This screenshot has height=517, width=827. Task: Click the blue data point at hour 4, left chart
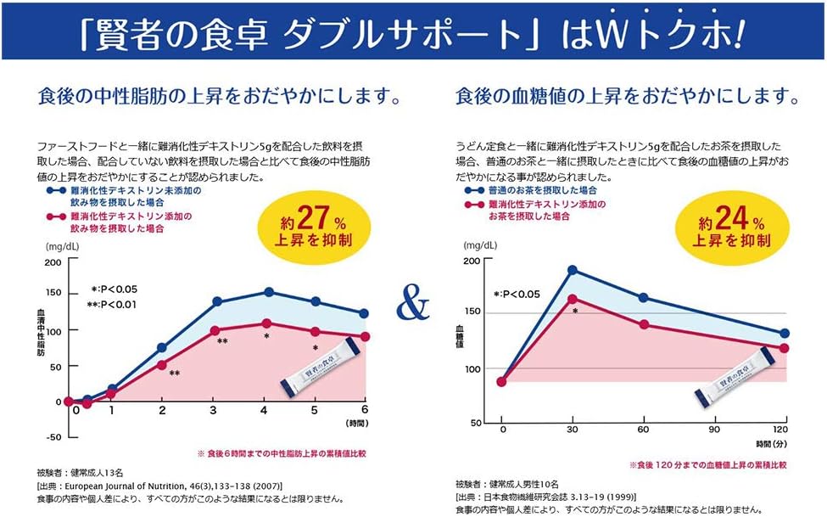(268, 292)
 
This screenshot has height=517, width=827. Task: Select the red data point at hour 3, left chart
(216, 330)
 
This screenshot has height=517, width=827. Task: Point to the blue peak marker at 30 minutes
(573, 270)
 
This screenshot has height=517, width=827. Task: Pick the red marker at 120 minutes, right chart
(785, 348)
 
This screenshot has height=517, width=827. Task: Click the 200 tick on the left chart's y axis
(52, 262)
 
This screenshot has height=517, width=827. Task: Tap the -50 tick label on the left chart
(52, 437)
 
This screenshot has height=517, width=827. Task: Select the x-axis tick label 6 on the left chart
(365, 410)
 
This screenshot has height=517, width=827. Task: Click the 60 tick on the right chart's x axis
(643, 430)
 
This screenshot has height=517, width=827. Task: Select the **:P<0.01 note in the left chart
(114, 304)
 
